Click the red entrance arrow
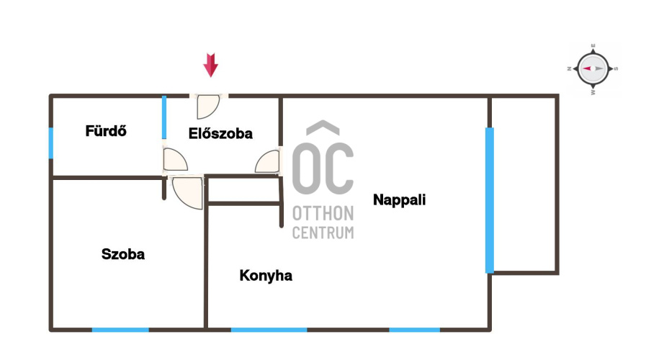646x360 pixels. pos(210,65)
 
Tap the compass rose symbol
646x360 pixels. pos(593,69)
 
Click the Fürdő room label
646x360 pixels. pos(106,131)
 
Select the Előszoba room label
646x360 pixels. pos(220,133)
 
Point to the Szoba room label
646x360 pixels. pos(122,254)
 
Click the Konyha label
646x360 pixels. pos(266,276)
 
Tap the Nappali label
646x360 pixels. pos(399,199)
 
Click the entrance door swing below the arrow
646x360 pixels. pos(208,107)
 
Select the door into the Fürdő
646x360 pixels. pos(175,160)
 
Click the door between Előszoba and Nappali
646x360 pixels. pos(268,161)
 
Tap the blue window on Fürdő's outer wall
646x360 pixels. pos(51,143)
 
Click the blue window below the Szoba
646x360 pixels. pos(120,330)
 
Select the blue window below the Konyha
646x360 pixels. pos(269,330)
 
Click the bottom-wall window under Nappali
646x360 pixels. pos(414,330)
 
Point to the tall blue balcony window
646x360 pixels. pos(490,200)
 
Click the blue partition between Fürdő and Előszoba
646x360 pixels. pos(164,117)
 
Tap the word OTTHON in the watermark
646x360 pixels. pos(323,214)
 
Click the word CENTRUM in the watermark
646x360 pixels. pos(323,233)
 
